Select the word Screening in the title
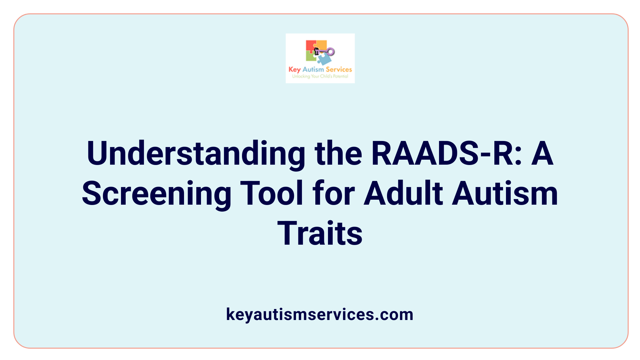157,193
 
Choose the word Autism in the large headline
505,193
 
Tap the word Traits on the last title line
320,233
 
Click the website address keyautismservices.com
320,314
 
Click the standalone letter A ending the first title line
542,153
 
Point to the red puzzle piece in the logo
310,46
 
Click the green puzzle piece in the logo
311,56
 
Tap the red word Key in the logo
294,69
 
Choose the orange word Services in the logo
339,69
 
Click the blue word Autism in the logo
313,69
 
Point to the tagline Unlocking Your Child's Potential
320,76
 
